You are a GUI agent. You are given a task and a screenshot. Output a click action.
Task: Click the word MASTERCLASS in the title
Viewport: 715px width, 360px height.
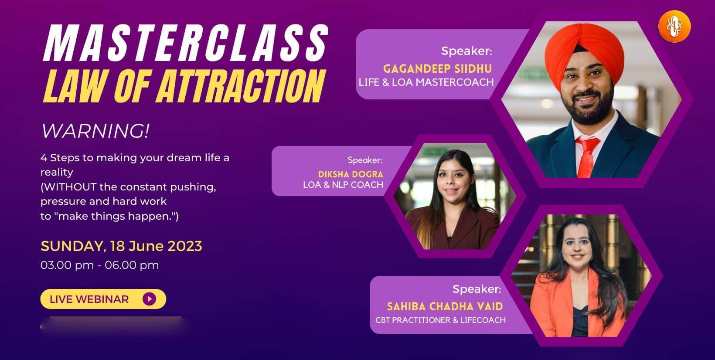[x=185, y=43]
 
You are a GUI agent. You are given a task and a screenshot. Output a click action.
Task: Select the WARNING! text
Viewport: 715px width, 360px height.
[x=95, y=131]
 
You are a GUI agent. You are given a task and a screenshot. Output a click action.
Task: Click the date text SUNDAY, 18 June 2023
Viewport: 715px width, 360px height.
[x=121, y=246]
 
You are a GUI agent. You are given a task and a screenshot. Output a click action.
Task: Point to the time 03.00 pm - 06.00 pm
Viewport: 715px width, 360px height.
[x=99, y=265]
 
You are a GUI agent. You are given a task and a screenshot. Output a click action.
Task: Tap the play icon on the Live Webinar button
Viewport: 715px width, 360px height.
[x=149, y=299]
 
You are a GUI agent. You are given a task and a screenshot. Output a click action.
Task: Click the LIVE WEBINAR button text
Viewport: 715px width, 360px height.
[x=89, y=299]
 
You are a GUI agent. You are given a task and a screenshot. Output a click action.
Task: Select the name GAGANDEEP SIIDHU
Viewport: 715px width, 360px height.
[x=437, y=68]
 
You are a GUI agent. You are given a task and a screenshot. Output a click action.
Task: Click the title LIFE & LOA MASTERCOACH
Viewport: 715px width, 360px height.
[x=426, y=82]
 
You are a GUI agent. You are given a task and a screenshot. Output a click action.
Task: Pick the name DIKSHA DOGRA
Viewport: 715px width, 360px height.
[x=351, y=174]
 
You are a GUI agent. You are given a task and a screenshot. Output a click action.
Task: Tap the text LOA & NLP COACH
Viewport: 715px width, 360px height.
[x=343, y=185]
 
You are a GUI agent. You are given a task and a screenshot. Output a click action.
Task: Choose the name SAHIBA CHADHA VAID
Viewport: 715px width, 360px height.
[x=445, y=306]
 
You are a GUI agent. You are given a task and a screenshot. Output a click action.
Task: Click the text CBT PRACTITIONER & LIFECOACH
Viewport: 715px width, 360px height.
[x=440, y=320]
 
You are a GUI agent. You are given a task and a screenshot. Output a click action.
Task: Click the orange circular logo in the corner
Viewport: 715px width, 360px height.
[x=674, y=27]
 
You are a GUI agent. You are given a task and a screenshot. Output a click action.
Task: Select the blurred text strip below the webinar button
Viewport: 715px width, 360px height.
[x=111, y=326]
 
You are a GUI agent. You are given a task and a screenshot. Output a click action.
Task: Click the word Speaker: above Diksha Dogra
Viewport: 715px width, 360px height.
[x=365, y=160]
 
